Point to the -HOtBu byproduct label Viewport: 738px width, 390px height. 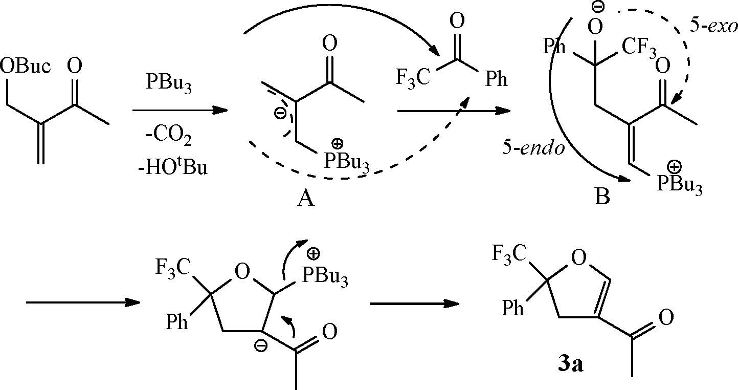coord(174,167)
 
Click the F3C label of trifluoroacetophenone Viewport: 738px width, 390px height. coord(412,81)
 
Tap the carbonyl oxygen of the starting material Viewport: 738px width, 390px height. coord(75,66)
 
